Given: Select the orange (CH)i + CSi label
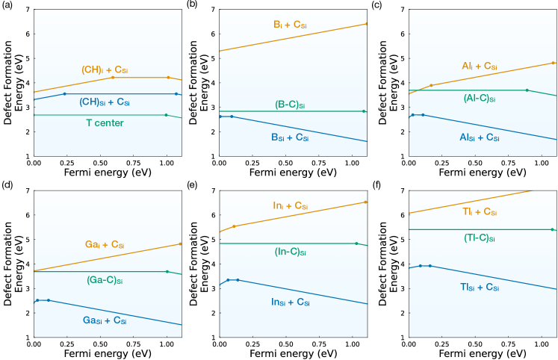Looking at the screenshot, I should click(109, 70).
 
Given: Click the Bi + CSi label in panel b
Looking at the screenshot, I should click(290, 25).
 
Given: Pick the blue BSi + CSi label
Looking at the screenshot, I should click(289, 138).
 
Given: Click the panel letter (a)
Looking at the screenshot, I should click(7, 5).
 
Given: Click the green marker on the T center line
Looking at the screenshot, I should click(166, 115).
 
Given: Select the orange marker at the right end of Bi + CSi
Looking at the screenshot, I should click(367, 24).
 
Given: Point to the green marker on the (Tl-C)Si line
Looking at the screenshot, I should click(552, 229).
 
